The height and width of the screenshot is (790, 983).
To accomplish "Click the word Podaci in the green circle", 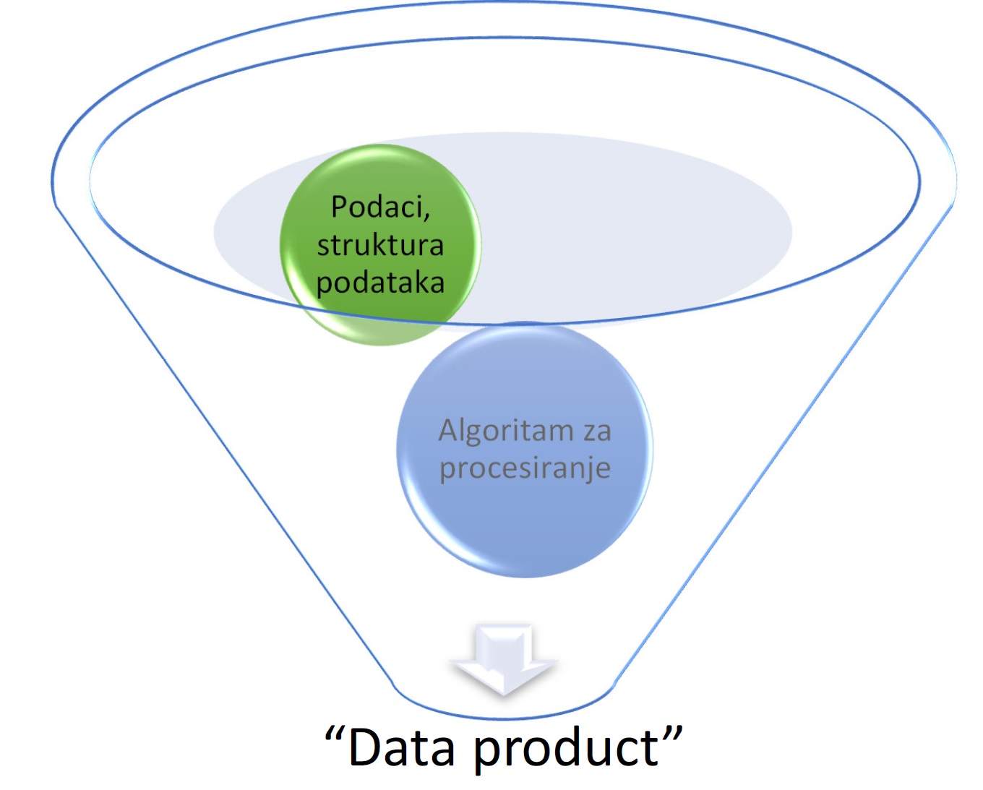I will (x=377, y=207).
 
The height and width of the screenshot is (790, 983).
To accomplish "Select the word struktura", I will (x=380, y=245).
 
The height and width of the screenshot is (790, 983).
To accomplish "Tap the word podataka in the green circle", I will (x=380, y=283).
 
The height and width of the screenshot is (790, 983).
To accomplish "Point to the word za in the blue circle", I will (x=597, y=432).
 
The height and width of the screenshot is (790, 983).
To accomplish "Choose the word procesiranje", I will (x=525, y=469).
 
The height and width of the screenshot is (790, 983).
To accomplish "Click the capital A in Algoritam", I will (x=450, y=431).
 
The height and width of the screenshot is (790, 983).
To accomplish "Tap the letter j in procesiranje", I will (x=586, y=471).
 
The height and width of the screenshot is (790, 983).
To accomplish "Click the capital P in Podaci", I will (x=338, y=207).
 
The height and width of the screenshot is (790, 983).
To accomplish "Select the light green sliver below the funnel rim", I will (x=383, y=332).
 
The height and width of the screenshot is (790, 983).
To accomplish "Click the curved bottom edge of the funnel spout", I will (x=504, y=718).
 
